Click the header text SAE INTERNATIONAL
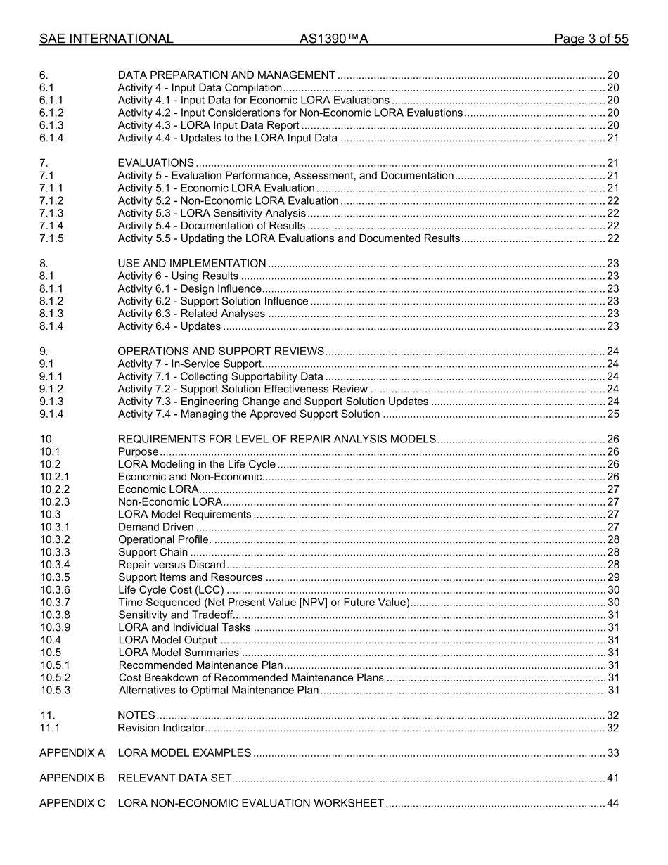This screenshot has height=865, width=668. tap(106, 39)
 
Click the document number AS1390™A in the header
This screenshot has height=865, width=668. tap(333, 39)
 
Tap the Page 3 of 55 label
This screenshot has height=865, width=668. tap(591, 39)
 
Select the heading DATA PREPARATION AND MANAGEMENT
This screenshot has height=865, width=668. tap(226, 75)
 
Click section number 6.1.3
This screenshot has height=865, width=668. tap(51, 125)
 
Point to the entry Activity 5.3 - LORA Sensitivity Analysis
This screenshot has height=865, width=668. tap(212, 213)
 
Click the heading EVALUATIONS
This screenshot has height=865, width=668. tap(155, 163)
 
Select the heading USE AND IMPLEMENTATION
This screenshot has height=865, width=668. tap(192, 264)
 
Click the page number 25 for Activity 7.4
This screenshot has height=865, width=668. tap(612, 414)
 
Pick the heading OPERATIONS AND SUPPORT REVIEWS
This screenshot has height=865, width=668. tap(221, 352)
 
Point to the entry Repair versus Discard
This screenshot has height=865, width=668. tap(172, 565)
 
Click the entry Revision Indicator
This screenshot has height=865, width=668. tap(161, 728)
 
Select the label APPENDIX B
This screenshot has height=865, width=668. tap(72, 778)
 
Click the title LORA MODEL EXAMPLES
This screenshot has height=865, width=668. tap(184, 753)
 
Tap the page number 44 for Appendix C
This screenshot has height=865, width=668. tap(612, 803)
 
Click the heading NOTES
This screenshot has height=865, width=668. tap(136, 715)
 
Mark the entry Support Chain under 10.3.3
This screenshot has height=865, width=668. tap(153, 552)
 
